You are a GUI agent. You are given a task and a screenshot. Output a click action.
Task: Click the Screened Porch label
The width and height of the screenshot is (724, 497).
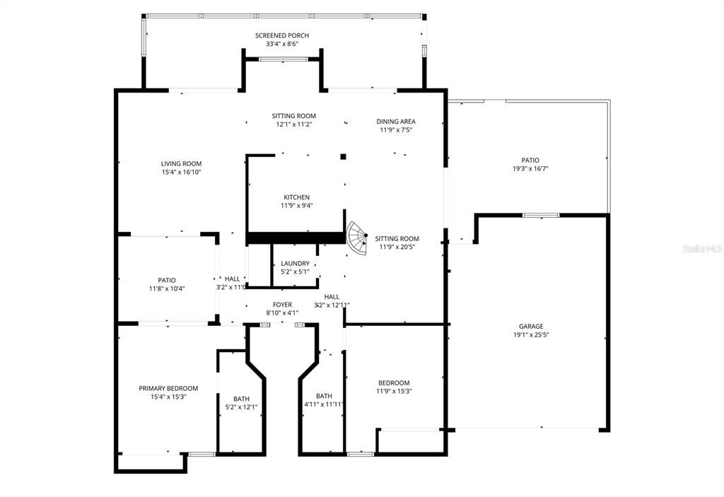point(282,35)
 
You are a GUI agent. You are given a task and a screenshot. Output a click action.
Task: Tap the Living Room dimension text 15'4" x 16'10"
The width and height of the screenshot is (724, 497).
point(182,172)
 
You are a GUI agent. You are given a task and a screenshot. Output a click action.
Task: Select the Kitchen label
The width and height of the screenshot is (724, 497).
point(296,197)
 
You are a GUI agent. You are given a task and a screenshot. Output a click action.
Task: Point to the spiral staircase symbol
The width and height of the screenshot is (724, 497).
point(357,240)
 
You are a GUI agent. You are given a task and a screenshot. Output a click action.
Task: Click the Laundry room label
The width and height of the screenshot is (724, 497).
point(295,263)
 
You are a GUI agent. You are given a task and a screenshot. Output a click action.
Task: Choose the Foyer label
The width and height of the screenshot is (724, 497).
point(282,305)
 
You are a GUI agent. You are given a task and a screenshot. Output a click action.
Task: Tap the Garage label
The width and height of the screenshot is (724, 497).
point(531,327)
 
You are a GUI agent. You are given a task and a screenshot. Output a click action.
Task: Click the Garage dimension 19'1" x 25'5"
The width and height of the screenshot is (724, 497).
point(531,335)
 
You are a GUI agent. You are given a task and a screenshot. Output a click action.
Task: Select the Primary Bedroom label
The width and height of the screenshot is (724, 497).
point(168,388)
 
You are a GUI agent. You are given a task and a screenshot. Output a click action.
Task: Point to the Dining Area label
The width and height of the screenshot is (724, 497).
point(396,122)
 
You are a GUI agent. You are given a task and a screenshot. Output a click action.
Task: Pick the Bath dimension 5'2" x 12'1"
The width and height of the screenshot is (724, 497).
point(241,407)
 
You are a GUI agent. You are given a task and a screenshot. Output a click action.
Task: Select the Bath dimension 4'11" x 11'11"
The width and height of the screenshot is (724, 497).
point(324,404)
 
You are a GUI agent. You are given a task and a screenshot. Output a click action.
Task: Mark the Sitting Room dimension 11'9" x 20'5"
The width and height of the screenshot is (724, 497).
point(397,247)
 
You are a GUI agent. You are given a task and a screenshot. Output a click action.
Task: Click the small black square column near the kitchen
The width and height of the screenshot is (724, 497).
point(343,156)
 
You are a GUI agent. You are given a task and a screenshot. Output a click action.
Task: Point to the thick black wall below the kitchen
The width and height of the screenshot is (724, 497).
point(294,238)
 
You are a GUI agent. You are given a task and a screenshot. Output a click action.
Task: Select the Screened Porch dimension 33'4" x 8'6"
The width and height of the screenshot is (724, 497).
point(282,44)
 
